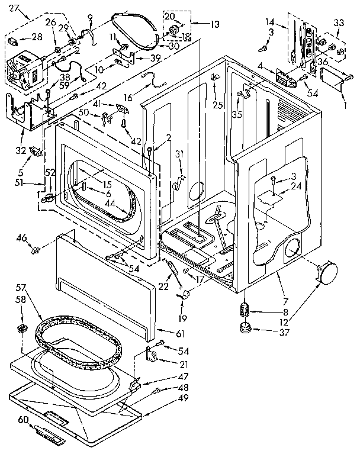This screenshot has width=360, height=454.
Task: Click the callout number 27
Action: point(14,8)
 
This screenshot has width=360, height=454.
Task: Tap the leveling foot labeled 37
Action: point(244,328)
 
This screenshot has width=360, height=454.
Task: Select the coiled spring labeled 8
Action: point(243,310)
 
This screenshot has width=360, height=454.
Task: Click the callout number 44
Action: point(110,203)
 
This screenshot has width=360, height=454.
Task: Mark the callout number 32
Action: point(19,149)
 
